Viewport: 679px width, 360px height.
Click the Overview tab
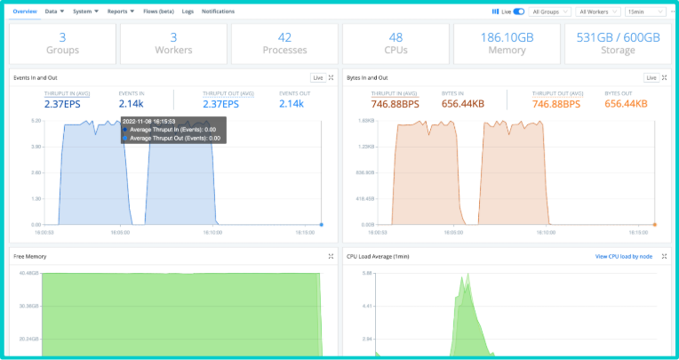click(x=25, y=12)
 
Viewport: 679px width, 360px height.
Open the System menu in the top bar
click(x=85, y=12)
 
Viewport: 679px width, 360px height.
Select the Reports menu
click(x=121, y=12)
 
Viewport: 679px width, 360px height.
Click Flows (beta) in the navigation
click(x=158, y=12)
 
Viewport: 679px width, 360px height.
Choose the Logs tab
click(x=188, y=12)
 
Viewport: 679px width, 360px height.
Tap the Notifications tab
click(x=218, y=12)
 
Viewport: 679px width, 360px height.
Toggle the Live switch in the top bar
click(x=519, y=12)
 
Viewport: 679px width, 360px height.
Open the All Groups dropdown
click(x=550, y=12)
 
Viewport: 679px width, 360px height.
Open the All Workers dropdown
click(x=598, y=12)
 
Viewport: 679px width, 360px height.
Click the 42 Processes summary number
click(x=284, y=37)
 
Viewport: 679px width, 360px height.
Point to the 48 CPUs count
click(x=395, y=37)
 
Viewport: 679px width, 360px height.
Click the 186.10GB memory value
click(x=507, y=37)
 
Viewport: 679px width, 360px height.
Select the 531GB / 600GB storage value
click(x=618, y=37)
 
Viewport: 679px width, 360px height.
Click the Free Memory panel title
click(x=30, y=256)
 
